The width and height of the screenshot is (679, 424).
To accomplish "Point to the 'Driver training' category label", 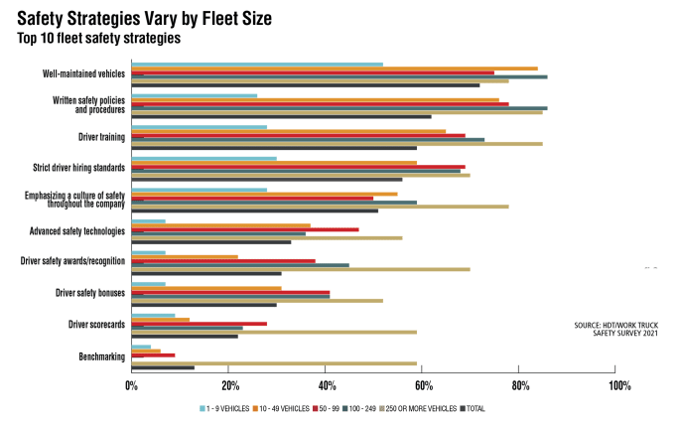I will (100, 136).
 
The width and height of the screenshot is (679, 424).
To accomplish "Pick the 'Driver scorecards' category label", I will (95, 325).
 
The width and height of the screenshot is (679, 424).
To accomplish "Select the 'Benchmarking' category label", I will (101, 356).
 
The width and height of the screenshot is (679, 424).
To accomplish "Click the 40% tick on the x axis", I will (327, 385).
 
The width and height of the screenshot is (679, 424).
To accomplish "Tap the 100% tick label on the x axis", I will (617, 385).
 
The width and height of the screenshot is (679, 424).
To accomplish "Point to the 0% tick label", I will (132, 385).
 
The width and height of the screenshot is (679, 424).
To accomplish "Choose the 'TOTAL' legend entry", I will (474, 408).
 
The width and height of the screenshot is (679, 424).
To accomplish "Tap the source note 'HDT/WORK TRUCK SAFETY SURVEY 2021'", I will (615, 330).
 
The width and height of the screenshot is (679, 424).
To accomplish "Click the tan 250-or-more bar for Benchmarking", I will (274, 362).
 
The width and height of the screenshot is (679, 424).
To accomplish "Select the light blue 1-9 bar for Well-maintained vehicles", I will (257, 65).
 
